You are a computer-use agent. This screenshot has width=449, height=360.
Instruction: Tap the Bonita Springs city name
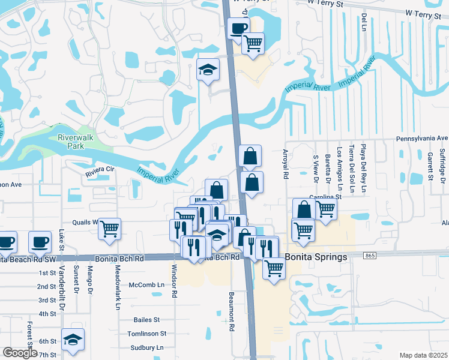pos(316,257)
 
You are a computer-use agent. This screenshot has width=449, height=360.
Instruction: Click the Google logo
pos(20,353)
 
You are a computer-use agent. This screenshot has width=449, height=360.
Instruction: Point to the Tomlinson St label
pos(146,334)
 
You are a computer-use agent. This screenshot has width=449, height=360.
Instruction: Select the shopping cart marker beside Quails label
pos(109,228)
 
